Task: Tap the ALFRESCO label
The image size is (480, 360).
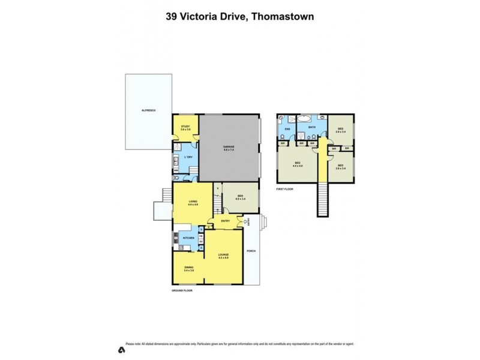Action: [148, 111]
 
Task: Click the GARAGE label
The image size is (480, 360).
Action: [229, 147]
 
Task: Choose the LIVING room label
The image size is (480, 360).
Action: [193, 202]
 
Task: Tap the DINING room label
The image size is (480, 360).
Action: [188, 268]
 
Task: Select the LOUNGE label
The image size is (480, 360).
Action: [223, 255]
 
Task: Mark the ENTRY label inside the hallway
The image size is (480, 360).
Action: [226, 221]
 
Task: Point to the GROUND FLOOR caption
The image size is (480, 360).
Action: [182, 290]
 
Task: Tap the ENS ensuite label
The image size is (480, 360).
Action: [287, 129]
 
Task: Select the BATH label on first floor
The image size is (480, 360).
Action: [312, 127]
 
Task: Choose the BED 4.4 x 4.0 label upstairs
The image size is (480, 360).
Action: [297, 164]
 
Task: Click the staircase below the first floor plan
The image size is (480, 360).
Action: [323, 199]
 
